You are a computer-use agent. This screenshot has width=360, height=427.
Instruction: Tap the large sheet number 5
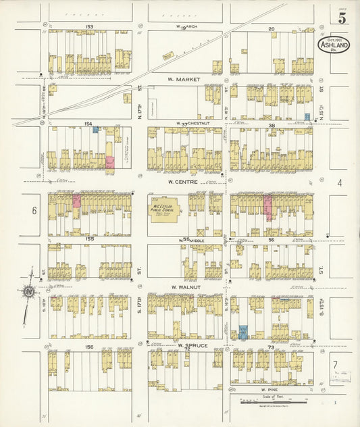[x=342, y=18]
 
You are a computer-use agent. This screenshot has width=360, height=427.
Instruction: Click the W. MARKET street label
[x=185, y=80]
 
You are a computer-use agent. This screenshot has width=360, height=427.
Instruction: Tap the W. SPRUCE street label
[x=192, y=345]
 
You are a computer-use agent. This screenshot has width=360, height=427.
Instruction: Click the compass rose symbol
[x=30, y=293]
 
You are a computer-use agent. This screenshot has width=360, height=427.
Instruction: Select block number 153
[x=88, y=27]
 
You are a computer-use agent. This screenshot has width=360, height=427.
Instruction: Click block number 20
[x=271, y=28]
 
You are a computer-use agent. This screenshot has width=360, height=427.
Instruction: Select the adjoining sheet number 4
[x=340, y=182]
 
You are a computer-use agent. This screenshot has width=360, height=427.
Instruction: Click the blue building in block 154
[x=96, y=129]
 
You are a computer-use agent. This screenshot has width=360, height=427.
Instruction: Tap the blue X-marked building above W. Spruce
[x=242, y=332]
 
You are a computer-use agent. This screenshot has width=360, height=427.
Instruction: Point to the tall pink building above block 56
[x=268, y=207]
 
